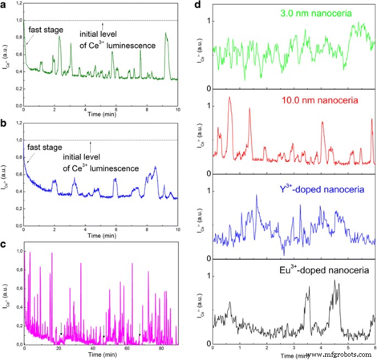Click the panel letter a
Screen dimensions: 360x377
pyautogui.click(x=4, y=6)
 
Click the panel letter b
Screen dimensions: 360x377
pyautogui.click(x=4, y=126)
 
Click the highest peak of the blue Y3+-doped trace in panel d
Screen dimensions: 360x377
pyautogui.click(x=256, y=195)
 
